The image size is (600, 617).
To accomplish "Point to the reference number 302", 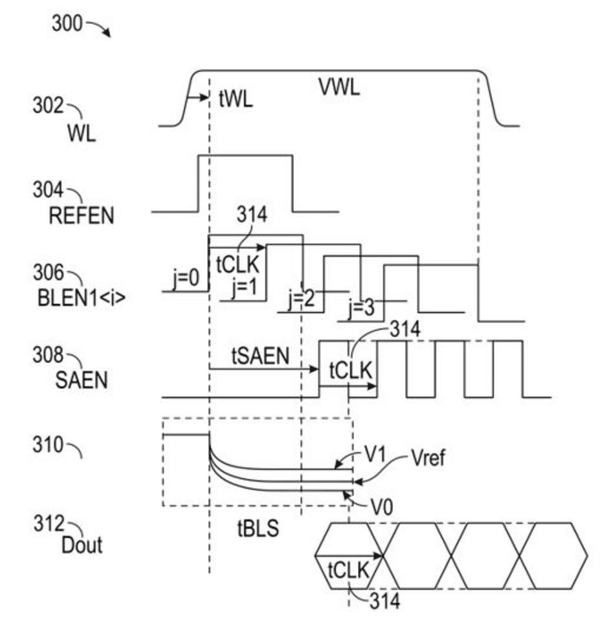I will (48, 105).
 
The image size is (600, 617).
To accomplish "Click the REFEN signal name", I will (82, 215).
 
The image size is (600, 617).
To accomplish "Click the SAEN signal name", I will (82, 382).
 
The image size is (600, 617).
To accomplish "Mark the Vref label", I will (427, 459).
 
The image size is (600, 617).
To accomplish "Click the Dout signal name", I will (82, 545).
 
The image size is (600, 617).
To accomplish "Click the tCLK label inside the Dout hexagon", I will (349, 570).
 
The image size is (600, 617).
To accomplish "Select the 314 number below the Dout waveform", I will (384, 601).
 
